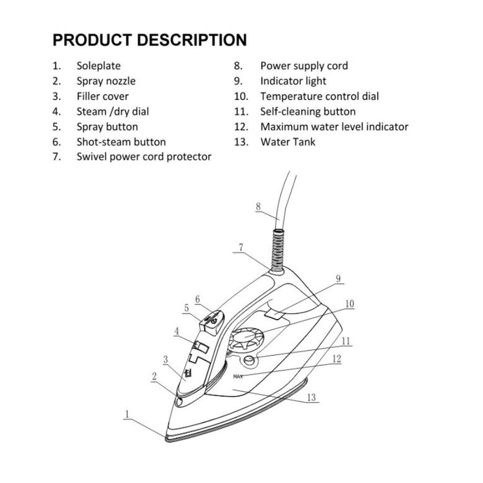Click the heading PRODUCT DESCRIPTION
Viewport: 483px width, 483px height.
pyautogui.click(x=149, y=40)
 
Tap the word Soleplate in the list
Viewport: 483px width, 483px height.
pyautogui.click(x=98, y=66)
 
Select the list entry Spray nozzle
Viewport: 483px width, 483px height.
pyautogui.click(x=106, y=81)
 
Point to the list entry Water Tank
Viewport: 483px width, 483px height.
pyautogui.click(x=288, y=142)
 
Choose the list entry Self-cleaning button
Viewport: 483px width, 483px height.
pyautogui.click(x=308, y=111)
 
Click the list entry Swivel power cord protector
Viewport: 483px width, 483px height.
pyautogui.click(x=144, y=157)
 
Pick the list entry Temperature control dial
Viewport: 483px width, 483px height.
pyautogui.click(x=319, y=96)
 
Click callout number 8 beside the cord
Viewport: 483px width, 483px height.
pyautogui.click(x=258, y=206)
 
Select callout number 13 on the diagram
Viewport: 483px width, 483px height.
pyautogui.click(x=311, y=397)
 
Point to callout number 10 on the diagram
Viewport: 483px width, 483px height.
pyautogui.click(x=349, y=304)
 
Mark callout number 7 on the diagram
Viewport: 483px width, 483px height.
pyautogui.click(x=241, y=247)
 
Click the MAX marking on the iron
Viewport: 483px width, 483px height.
pyautogui.click(x=238, y=377)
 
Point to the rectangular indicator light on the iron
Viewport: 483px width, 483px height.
pyautogui.click(x=273, y=315)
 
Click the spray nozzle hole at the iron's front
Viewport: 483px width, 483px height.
pyautogui.click(x=180, y=402)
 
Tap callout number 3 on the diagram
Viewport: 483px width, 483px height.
pyautogui.click(x=166, y=359)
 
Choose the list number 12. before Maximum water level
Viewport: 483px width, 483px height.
pyautogui.click(x=241, y=127)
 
